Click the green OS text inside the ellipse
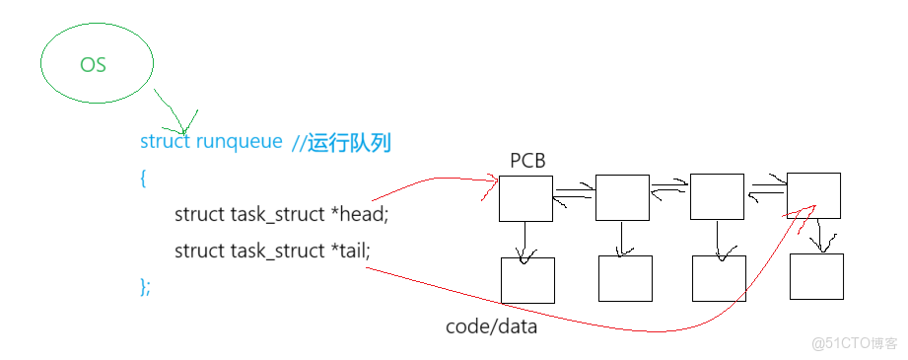click(93, 65)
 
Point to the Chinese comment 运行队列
click(350, 142)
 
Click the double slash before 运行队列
click(299, 143)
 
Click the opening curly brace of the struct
click(143, 179)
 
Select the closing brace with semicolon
click(145, 286)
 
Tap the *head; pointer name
click(362, 214)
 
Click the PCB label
click(528, 160)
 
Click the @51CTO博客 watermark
click(853, 342)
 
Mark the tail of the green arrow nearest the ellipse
click(156, 91)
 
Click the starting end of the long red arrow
click(367, 267)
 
